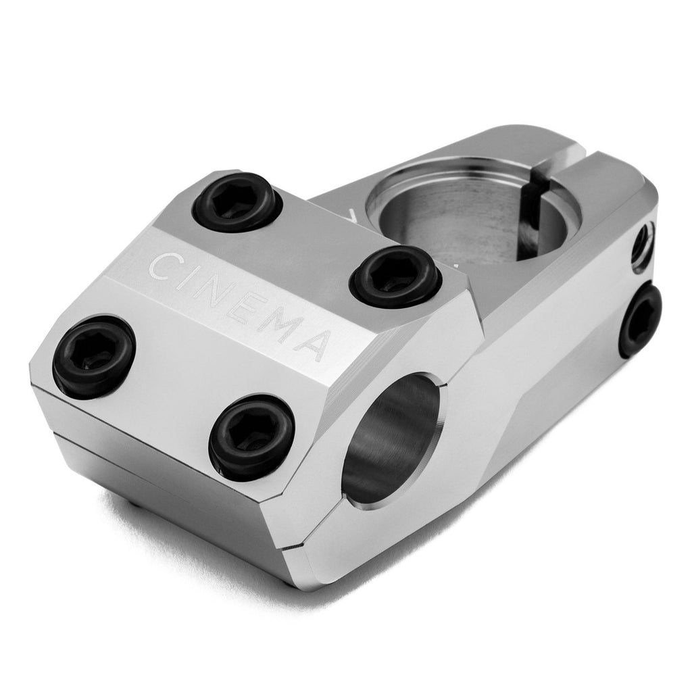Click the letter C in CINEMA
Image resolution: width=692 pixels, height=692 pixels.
(x=161, y=265)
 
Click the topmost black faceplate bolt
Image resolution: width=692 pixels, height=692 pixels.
(x=237, y=201)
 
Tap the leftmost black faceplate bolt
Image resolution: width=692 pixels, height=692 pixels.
(x=93, y=357)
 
